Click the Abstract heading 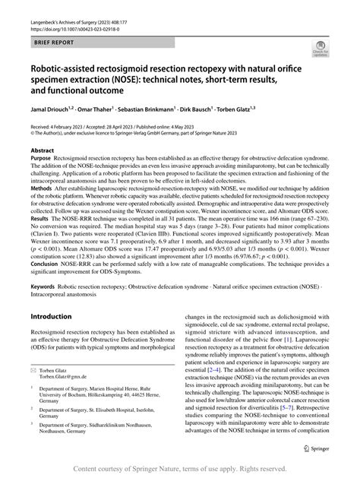(42, 151)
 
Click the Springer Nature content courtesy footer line (180, 470)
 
